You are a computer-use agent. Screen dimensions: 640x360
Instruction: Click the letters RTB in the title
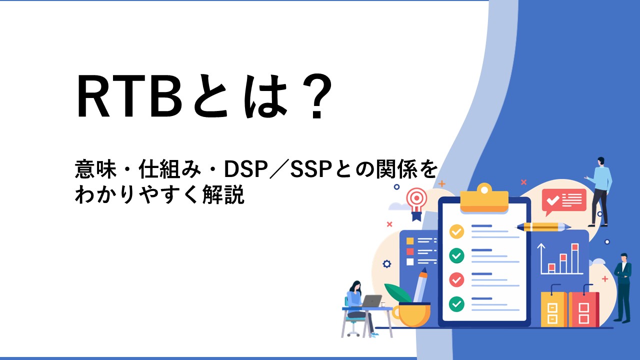point(129,96)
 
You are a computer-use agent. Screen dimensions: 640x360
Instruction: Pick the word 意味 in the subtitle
point(96,169)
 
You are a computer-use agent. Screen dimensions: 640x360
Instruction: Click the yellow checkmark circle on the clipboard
point(456,231)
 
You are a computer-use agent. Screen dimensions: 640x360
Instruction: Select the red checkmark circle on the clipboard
point(456,279)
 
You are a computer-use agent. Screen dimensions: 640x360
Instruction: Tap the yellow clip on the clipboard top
point(484,198)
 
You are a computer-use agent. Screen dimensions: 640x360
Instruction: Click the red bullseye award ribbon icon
point(417,203)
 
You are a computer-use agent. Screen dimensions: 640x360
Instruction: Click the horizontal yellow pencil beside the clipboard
point(543,227)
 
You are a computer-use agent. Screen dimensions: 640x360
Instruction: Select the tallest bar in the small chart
point(575,258)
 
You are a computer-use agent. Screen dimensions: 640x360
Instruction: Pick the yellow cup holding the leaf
point(412,314)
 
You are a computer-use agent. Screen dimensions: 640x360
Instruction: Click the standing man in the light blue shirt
point(599,191)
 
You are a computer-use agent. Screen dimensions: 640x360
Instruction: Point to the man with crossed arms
point(623,287)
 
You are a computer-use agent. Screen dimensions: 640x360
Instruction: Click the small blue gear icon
point(387,263)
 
